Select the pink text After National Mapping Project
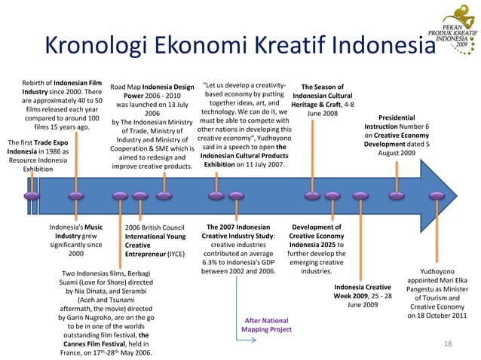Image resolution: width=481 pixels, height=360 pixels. click(x=266, y=324)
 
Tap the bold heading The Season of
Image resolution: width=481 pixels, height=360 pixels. click(x=322, y=87)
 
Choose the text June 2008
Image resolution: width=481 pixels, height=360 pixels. click(x=322, y=114)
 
